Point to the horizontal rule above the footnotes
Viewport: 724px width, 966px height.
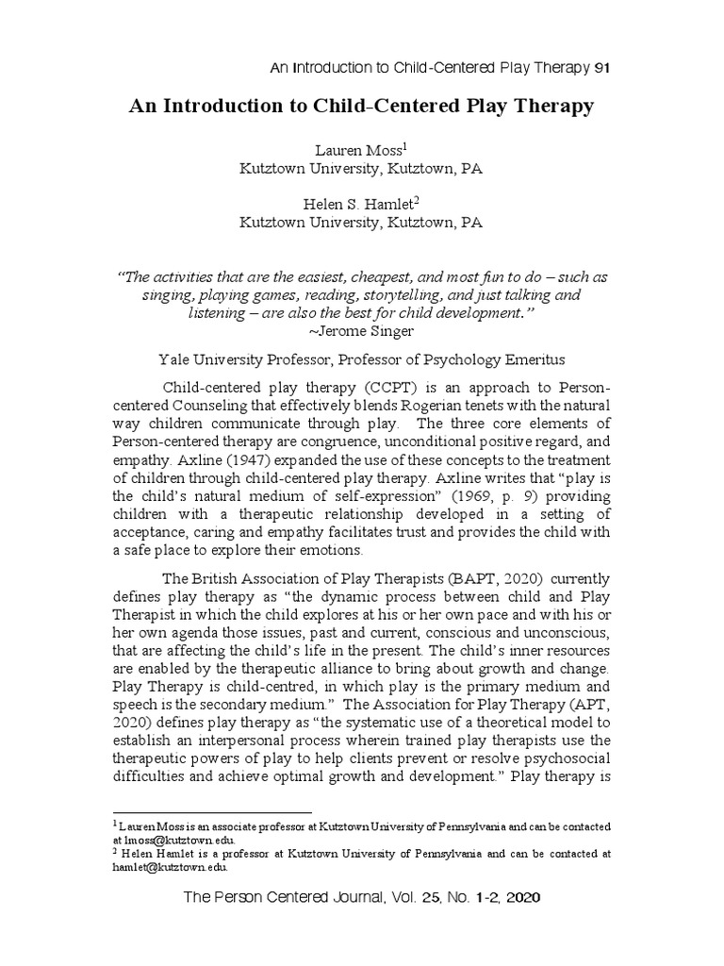211,812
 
